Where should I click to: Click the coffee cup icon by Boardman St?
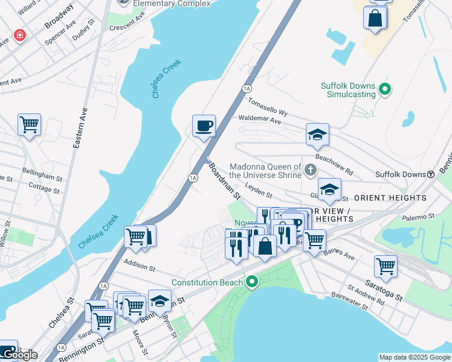204,125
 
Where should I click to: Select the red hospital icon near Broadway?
21,36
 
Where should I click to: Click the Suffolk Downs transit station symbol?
431,174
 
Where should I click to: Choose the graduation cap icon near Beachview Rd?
317,135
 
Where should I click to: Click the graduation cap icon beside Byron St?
160,300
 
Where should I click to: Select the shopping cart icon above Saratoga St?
385,265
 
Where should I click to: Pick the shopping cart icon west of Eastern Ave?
29,125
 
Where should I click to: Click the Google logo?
19,355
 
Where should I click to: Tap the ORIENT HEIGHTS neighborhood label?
390,198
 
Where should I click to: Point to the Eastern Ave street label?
79,128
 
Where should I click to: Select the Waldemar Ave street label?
260,121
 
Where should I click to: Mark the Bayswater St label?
349,302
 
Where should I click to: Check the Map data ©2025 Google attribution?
414,357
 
